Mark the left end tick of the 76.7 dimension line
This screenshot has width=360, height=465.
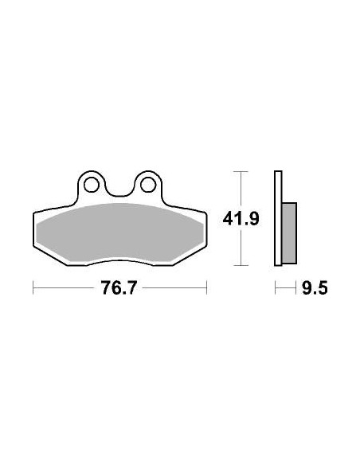[33, 288]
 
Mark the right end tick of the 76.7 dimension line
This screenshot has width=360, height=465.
[207, 288]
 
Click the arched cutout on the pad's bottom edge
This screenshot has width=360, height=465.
[119, 260]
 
